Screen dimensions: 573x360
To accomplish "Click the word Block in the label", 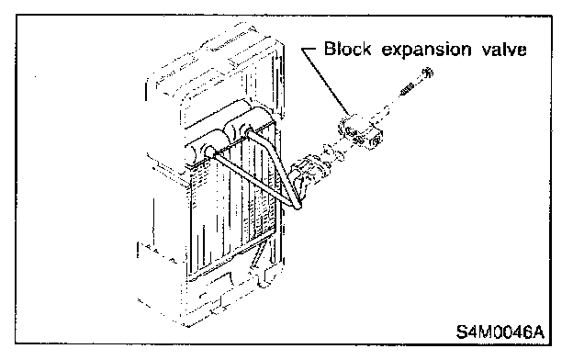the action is [347, 49].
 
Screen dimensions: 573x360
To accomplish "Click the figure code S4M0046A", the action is [500, 332].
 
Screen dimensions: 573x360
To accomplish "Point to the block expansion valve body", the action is [360, 132].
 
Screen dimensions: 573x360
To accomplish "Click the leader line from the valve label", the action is [325, 81].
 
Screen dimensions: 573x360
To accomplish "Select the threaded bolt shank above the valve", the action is [407, 89].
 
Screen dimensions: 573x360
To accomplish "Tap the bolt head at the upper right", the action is [428, 73].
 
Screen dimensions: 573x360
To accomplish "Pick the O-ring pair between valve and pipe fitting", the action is [333, 152].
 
